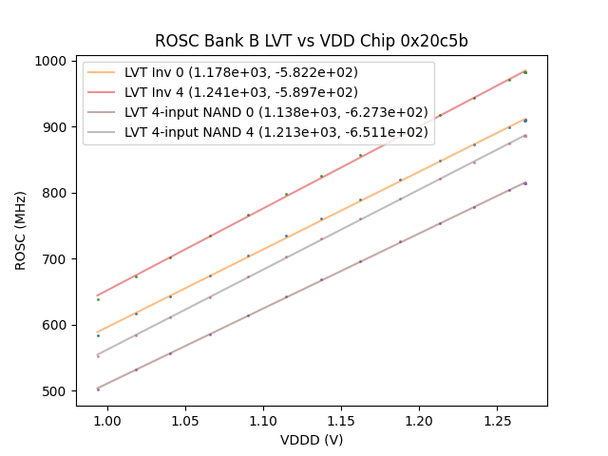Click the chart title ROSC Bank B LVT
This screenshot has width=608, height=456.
pyautogui.click(x=312, y=41)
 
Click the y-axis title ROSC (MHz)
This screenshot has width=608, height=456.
pyautogui.click(x=21, y=230)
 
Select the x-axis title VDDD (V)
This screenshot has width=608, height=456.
pyautogui.click(x=312, y=440)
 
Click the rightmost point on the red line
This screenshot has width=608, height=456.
pyautogui.click(x=525, y=72)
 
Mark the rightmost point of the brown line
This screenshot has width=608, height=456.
pyautogui.click(x=525, y=183)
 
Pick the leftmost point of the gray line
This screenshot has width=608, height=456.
pyautogui.click(x=98, y=355)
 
